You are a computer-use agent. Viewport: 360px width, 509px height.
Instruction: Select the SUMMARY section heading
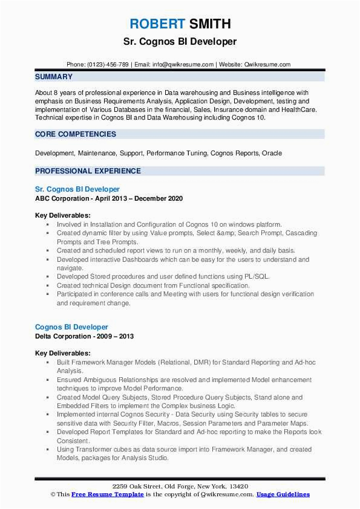pos(54,77)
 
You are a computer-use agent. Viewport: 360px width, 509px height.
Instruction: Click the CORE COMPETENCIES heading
pos(76,134)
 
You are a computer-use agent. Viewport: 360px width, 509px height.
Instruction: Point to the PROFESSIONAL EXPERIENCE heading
pos(88,171)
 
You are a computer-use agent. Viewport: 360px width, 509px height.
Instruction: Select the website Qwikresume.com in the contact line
pos(268,65)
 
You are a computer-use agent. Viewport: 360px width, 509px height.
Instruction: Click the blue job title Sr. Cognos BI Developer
pos(77,189)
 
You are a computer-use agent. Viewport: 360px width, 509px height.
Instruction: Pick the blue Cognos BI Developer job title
pos(71,327)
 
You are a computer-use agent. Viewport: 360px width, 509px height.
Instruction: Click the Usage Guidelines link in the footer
pos(283,494)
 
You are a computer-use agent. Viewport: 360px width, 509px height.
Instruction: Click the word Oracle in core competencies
pos(271,154)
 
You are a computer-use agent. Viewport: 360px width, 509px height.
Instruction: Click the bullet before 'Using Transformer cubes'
pos(47,450)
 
